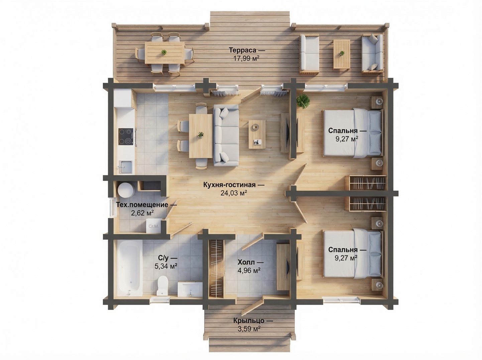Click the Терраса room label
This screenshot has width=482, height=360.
point(243,50)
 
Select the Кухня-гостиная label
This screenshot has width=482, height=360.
point(230,185)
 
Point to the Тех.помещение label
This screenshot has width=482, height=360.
point(142,205)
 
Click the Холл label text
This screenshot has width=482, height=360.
point(246,262)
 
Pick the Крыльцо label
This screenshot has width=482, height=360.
point(249,321)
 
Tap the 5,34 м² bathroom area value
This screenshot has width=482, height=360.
point(166,266)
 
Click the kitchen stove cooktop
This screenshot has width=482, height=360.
point(126,136)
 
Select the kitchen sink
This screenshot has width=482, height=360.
point(125,167)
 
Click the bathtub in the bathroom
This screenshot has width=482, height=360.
point(129,268)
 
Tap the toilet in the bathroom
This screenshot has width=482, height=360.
point(163,285)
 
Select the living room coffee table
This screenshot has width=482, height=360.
point(257,134)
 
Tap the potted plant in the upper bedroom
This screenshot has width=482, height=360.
point(303,101)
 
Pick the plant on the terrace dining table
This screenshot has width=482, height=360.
point(163,52)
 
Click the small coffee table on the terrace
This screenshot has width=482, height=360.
point(342,54)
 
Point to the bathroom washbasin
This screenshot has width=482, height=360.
point(190,289)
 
